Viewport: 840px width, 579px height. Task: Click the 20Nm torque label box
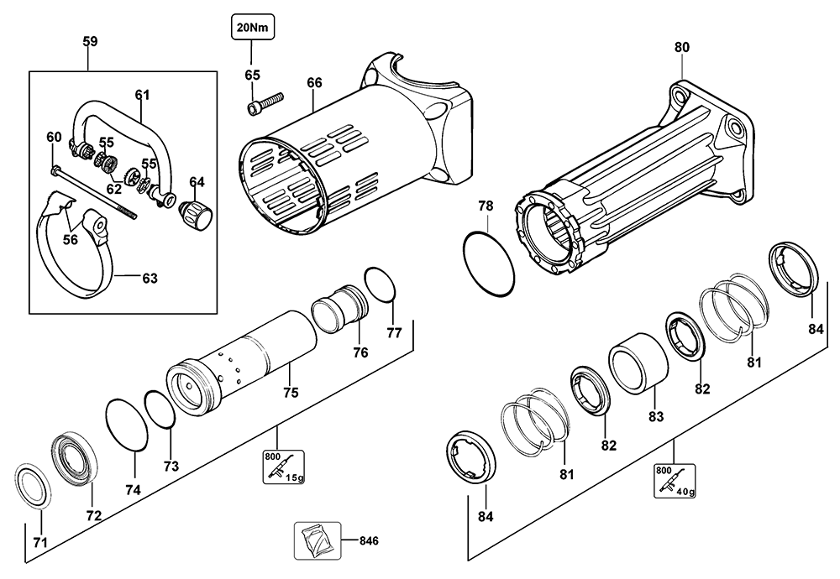click(252, 27)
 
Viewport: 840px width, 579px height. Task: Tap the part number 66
click(314, 82)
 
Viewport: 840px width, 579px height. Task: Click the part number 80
click(681, 47)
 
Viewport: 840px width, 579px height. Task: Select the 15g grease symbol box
click(281, 467)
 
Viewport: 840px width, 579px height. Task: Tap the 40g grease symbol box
click(675, 479)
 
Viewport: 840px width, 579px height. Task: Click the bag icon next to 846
click(316, 540)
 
